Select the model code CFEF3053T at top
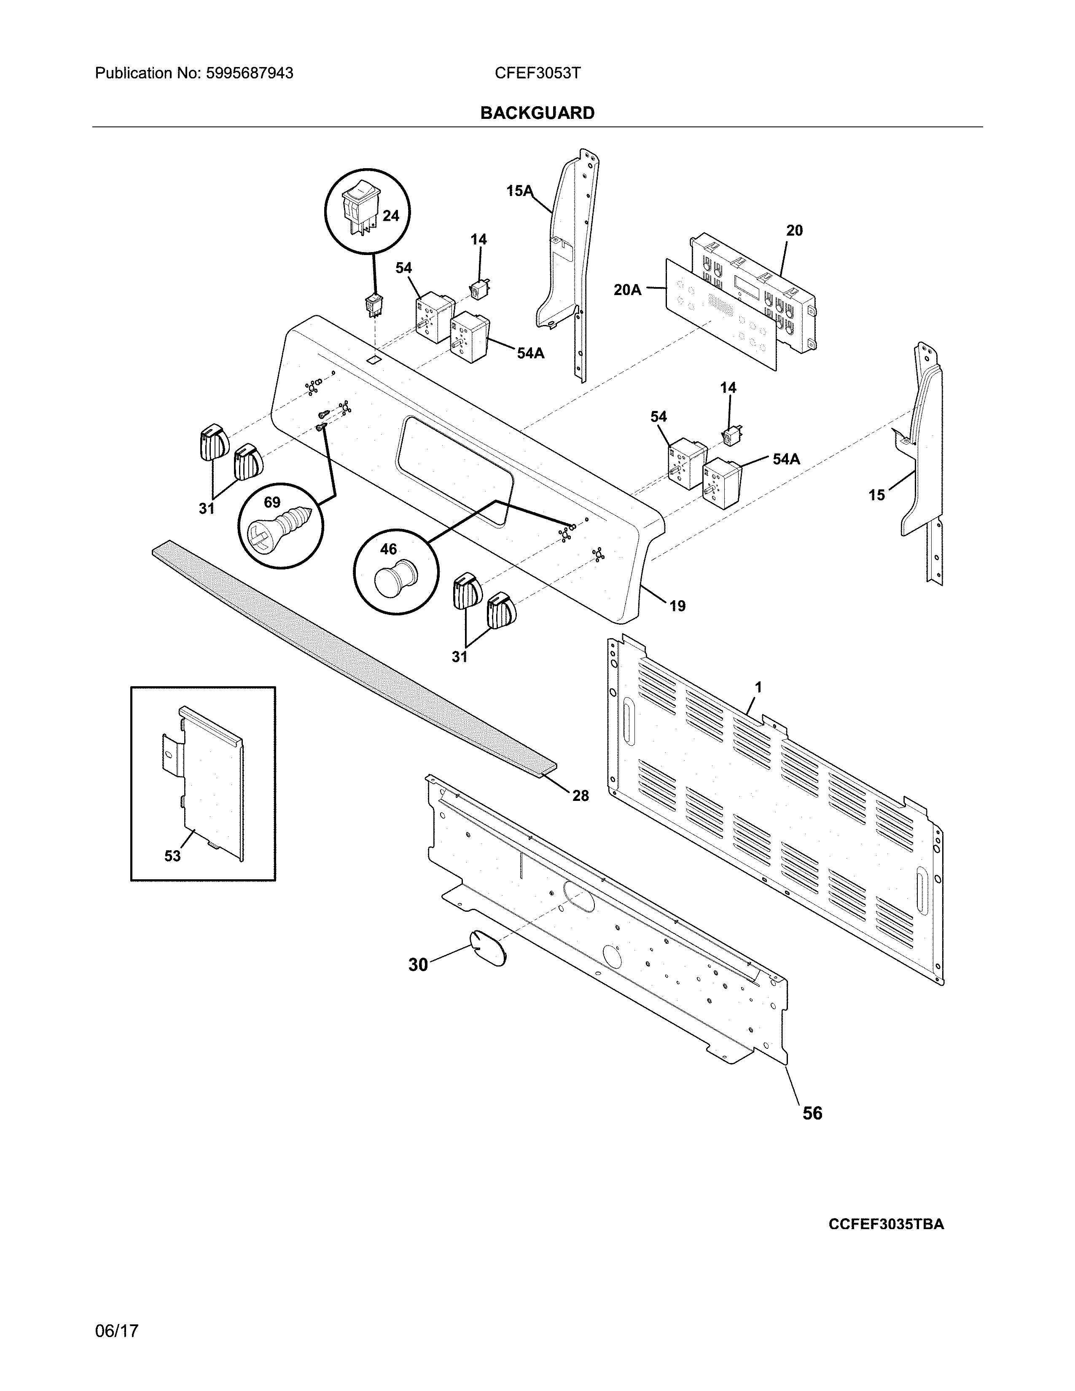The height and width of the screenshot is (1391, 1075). (537, 73)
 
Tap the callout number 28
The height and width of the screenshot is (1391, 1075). (580, 795)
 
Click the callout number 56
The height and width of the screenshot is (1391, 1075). (812, 1113)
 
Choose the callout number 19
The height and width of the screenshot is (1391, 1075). (677, 606)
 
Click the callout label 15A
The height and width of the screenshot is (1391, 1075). (519, 191)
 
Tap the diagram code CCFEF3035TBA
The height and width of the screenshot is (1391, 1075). (886, 1224)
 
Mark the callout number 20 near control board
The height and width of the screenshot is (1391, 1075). (794, 231)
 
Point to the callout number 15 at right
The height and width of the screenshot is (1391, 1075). (877, 494)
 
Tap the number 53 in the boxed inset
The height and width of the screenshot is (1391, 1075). (172, 856)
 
